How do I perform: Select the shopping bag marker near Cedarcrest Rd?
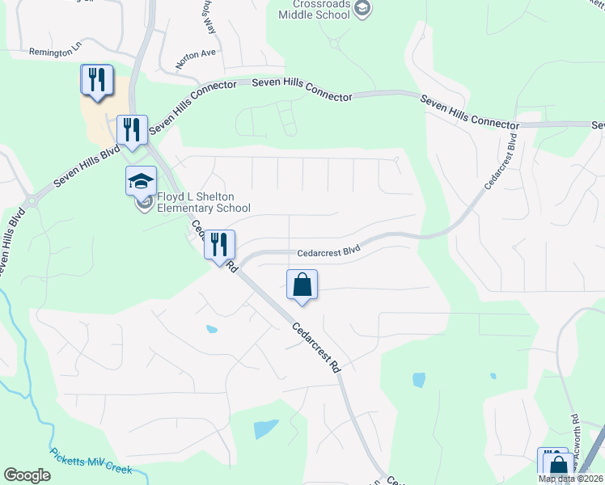[302, 285]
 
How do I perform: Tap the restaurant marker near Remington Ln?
[97, 80]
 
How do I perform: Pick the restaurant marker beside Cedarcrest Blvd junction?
[218, 246]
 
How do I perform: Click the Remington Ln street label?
[56, 52]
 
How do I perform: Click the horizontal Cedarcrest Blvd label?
[328, 252]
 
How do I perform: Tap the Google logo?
[27, 475]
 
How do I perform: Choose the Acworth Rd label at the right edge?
[574, 441]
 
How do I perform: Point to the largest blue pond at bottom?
[265, 428]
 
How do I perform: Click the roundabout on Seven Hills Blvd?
[32, 200]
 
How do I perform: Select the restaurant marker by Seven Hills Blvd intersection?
[131, 129]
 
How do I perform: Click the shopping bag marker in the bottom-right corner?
[558, 465]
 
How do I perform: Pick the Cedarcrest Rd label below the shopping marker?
[315, 348]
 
